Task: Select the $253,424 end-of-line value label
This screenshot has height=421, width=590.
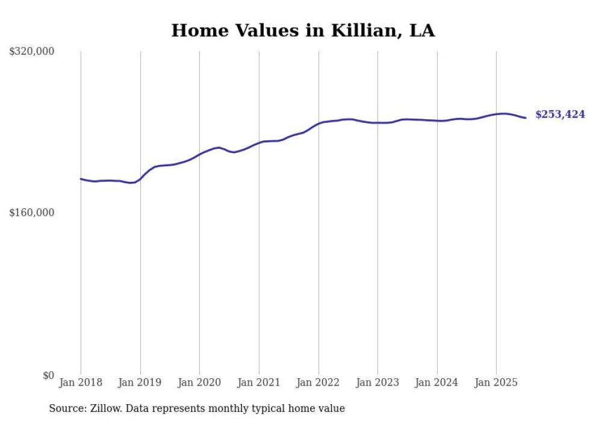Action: pos(560,114)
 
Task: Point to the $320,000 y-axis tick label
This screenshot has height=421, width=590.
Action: pos(31,52)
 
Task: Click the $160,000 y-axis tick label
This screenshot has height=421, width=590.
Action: pos(31,213)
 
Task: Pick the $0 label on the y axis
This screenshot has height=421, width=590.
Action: pos(48,376)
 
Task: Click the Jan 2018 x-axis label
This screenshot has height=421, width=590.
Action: pos(81,382)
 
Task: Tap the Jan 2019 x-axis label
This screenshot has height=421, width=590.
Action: pos(140,382)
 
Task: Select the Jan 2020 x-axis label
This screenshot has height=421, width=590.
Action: pos(199,382)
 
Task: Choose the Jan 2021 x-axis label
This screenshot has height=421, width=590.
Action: pos(259,382)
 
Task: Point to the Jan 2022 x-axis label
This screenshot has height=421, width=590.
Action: pos(318,382)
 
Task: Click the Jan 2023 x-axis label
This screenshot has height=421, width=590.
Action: pos(377,382)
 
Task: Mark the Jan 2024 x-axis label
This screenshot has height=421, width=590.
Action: pos(437,382)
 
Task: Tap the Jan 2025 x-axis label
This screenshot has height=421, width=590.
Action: pos(496,382)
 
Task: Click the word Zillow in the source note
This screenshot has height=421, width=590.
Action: pos(105,409)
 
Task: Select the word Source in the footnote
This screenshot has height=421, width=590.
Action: pos(66,409)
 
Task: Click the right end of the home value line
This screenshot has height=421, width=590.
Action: pos(526,117)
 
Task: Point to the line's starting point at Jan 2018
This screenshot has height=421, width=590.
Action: pos(81,179)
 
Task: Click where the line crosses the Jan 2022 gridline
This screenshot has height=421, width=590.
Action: pos(318,123)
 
